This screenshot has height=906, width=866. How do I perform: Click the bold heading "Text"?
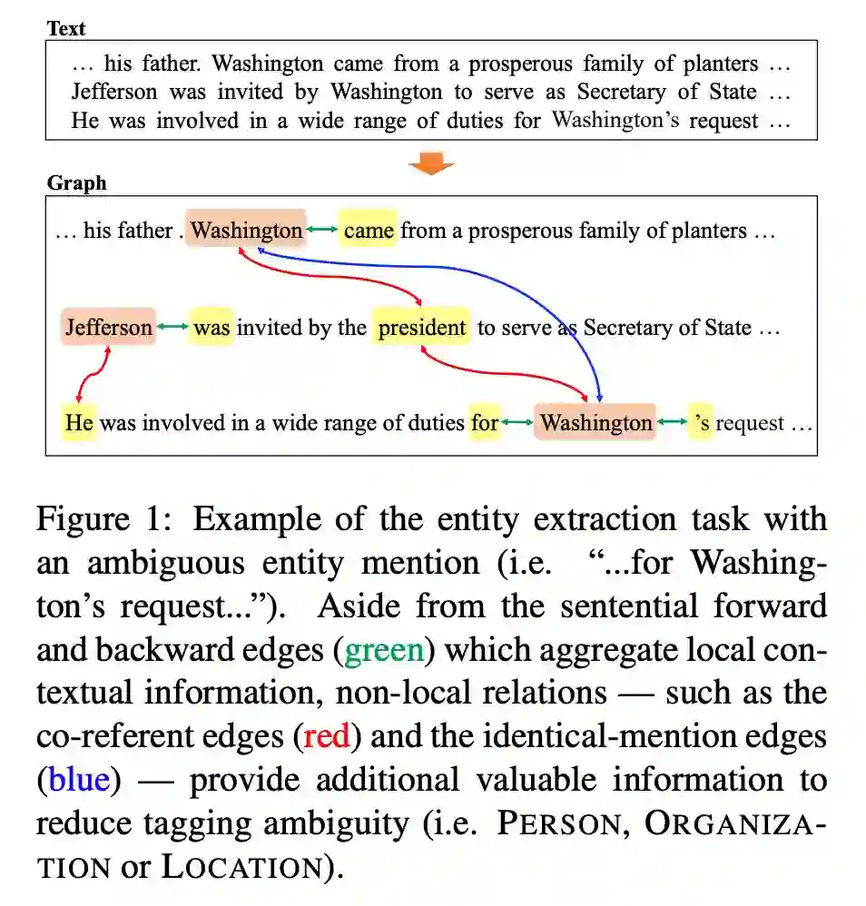pos(65,28)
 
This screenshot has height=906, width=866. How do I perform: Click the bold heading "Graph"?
pos(76,183)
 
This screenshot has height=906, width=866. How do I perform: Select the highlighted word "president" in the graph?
pos(421,328)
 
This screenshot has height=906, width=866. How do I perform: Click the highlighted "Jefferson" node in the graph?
pos(108,328)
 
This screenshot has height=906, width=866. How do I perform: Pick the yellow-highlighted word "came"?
pos(369,231)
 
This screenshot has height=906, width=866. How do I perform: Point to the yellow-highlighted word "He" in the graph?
pos(79,422)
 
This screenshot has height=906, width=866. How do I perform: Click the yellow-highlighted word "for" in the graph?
pos(485,422)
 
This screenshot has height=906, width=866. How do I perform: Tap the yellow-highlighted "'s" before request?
pos(701,422)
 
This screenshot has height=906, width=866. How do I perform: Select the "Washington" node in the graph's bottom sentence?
pos(595,422)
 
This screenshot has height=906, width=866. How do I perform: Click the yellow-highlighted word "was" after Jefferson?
pos(212,328)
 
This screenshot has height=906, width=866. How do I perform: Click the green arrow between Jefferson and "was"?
pos(172,325)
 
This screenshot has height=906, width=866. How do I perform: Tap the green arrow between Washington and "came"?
pos(321,229)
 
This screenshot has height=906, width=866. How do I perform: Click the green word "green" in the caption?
pos(384,650)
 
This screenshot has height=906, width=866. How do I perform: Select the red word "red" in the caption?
pos(327,736)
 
